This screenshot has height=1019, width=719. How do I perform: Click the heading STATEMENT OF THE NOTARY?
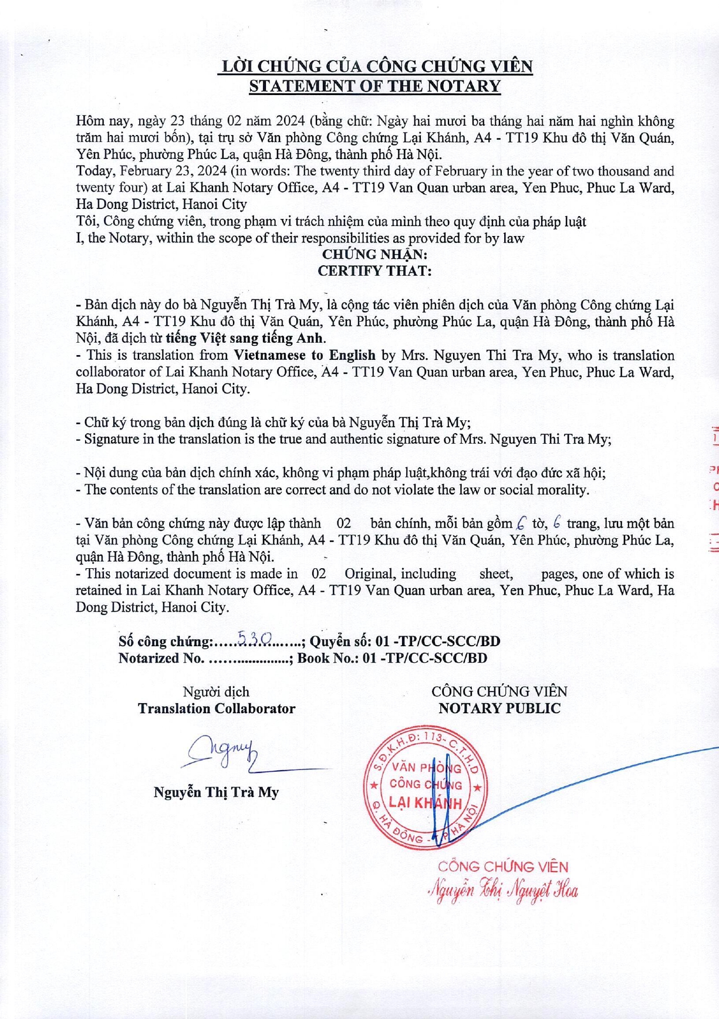pos(374,86)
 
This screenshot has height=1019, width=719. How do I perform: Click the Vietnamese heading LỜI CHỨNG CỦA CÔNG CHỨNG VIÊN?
pos(375,66)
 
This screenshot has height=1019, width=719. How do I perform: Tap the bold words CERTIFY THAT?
pos(374,271)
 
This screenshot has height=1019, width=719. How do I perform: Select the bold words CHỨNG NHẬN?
pos(374,254)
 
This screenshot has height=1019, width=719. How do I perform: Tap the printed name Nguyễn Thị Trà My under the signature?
pos(216,792)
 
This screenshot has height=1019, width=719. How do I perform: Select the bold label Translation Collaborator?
pos(217,708)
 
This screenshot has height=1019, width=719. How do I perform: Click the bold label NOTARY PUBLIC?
pos(499,708)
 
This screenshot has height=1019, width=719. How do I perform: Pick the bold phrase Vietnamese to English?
pos(305,355)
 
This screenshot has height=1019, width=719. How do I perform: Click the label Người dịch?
pos(216,692)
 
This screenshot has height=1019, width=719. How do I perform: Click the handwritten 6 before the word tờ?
pos(521,522)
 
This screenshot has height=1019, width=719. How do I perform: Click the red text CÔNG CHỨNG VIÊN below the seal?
pos(503,866)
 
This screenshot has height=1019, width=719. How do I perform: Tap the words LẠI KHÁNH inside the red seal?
pos(424,803)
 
